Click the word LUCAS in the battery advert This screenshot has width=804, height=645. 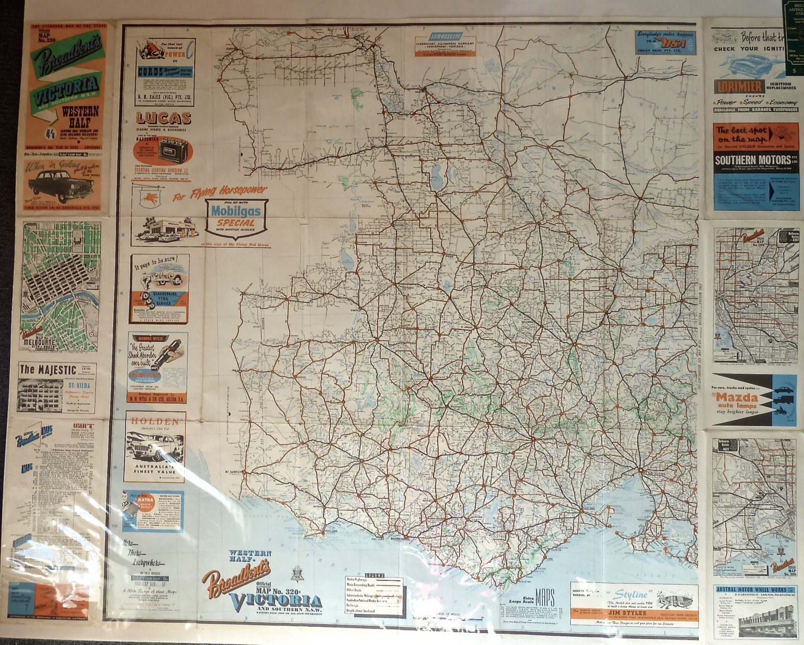coord(163,119)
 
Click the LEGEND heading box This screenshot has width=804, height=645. coord(374,575)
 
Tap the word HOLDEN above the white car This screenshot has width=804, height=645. coord(155,421)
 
